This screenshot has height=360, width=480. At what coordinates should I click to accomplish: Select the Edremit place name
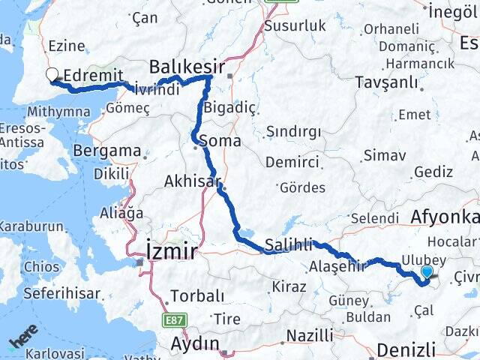pos(88,76)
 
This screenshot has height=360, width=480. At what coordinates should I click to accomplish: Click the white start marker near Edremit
pos(52,74)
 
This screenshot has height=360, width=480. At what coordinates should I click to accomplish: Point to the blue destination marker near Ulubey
pos(427,273)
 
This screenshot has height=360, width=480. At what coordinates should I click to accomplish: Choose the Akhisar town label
pos(192,181)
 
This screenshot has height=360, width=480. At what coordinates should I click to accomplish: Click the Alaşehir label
pos(337,265)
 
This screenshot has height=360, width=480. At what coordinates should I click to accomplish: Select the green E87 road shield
pos(172,319)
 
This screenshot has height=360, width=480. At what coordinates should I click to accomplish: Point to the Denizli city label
pos(406,349)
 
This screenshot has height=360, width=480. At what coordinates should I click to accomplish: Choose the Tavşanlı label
pos(382,81)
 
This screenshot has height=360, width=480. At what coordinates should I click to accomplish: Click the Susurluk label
pos(295,25)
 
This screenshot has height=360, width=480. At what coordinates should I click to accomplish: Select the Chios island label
pos(40,266)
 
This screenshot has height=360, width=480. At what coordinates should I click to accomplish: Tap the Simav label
pos(384,155)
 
